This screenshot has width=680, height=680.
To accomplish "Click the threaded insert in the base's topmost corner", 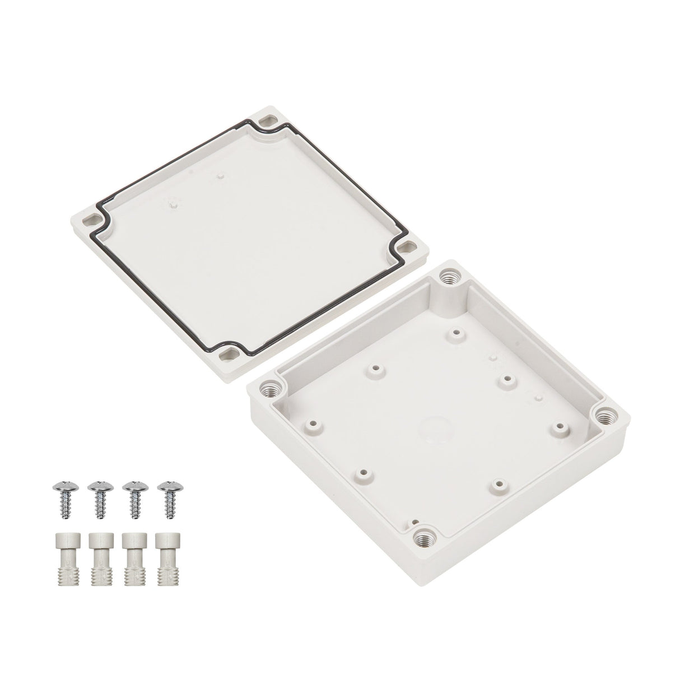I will click(449, 277).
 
